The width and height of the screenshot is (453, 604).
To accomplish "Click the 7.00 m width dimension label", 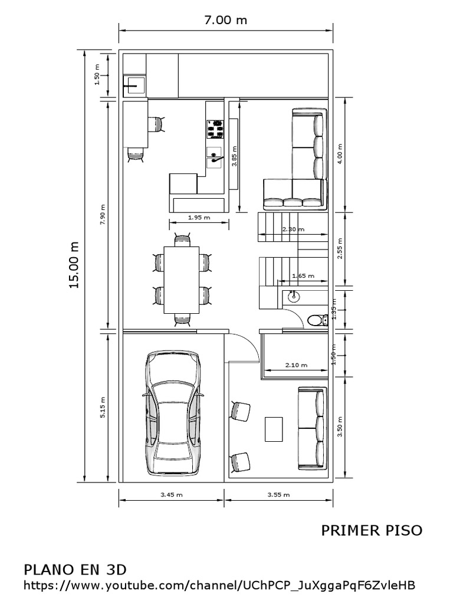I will [225, 20].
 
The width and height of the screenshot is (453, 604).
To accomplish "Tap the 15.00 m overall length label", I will [74, 265].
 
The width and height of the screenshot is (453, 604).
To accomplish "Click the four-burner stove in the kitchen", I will [215, 129].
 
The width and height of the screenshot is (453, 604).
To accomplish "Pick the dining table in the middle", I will [182, 280].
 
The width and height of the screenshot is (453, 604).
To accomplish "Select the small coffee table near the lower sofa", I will [274, 429].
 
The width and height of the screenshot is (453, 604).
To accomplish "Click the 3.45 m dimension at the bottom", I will [171, 495].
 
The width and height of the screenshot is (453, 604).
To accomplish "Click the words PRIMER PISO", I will [372, 530].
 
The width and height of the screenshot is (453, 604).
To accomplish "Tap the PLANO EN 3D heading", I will [75, 570].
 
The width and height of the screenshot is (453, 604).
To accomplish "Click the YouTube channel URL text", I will [219, 586].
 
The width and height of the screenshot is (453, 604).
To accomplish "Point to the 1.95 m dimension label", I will [199, 217].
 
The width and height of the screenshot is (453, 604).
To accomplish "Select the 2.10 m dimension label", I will [296, 365].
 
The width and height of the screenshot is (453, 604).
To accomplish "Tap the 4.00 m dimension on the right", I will [339, 155].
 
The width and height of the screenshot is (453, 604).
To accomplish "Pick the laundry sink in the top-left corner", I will [133, 84].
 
